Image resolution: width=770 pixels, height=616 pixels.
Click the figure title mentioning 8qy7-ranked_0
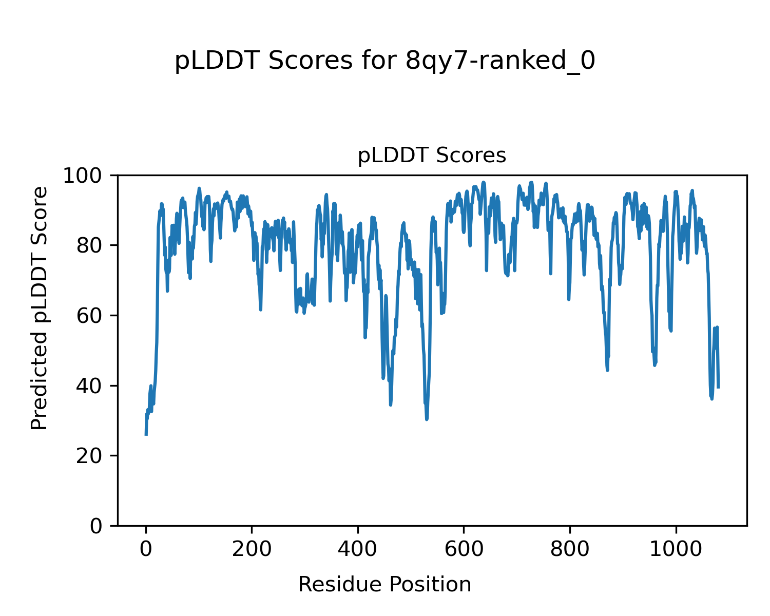point(385,61)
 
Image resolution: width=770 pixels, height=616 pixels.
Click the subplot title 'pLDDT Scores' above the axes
point(432,156)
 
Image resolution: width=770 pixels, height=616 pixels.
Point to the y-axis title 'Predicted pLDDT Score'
point(40,308)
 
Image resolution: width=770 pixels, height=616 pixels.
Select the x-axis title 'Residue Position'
point(384,584)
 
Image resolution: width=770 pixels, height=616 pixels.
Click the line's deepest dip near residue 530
point(427,419)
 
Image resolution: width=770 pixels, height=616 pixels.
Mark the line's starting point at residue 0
point(146,434)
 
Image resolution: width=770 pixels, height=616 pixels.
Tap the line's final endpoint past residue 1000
point(718,387)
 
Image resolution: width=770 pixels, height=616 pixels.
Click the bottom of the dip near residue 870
point(607,370)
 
